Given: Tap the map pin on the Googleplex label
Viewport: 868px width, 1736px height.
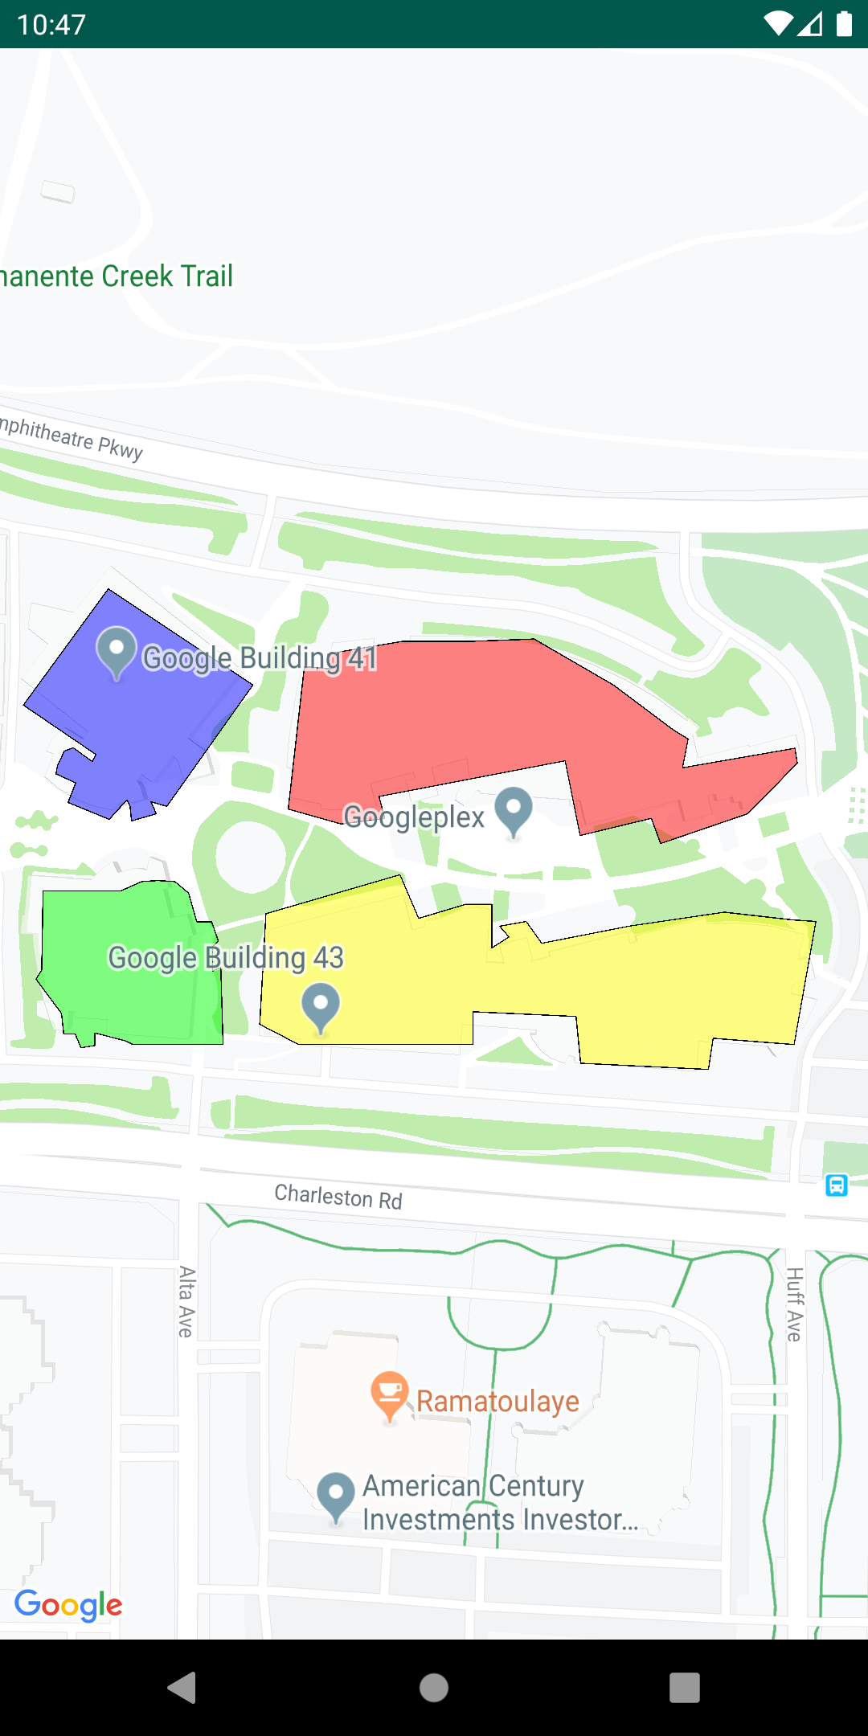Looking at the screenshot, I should (x=514, y=809).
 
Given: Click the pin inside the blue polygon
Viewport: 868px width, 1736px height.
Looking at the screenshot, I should (x=117, y=649).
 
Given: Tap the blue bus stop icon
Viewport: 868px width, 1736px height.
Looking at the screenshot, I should (x=837, y=1185).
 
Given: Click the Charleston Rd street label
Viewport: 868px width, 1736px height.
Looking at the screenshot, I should (x=338, y=1197).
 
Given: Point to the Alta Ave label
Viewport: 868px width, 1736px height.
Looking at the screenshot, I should (x=186, y=1301).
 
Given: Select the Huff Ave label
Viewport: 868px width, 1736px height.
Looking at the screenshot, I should (x=794, y=1304).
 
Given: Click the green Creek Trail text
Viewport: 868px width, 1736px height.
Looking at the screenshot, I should (x=117, y=276).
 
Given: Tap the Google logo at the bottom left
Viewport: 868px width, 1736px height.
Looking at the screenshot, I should (x=68, y=1605).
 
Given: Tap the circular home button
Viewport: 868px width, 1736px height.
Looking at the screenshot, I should (x=434, y=1688).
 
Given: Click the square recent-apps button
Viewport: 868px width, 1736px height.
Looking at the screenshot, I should (x=685, y=1688).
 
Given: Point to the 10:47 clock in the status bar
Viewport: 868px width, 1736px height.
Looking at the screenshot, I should (x=51, y=25).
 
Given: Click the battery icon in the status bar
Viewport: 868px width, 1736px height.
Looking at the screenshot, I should (x=844, y=24).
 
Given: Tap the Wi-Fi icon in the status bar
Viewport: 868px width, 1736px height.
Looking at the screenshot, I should (x=777, y=24).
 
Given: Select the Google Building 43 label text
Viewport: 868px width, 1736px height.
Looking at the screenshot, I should (x=226, y=958).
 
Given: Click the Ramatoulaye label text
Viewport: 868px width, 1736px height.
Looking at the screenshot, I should (x=497, y=1402).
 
